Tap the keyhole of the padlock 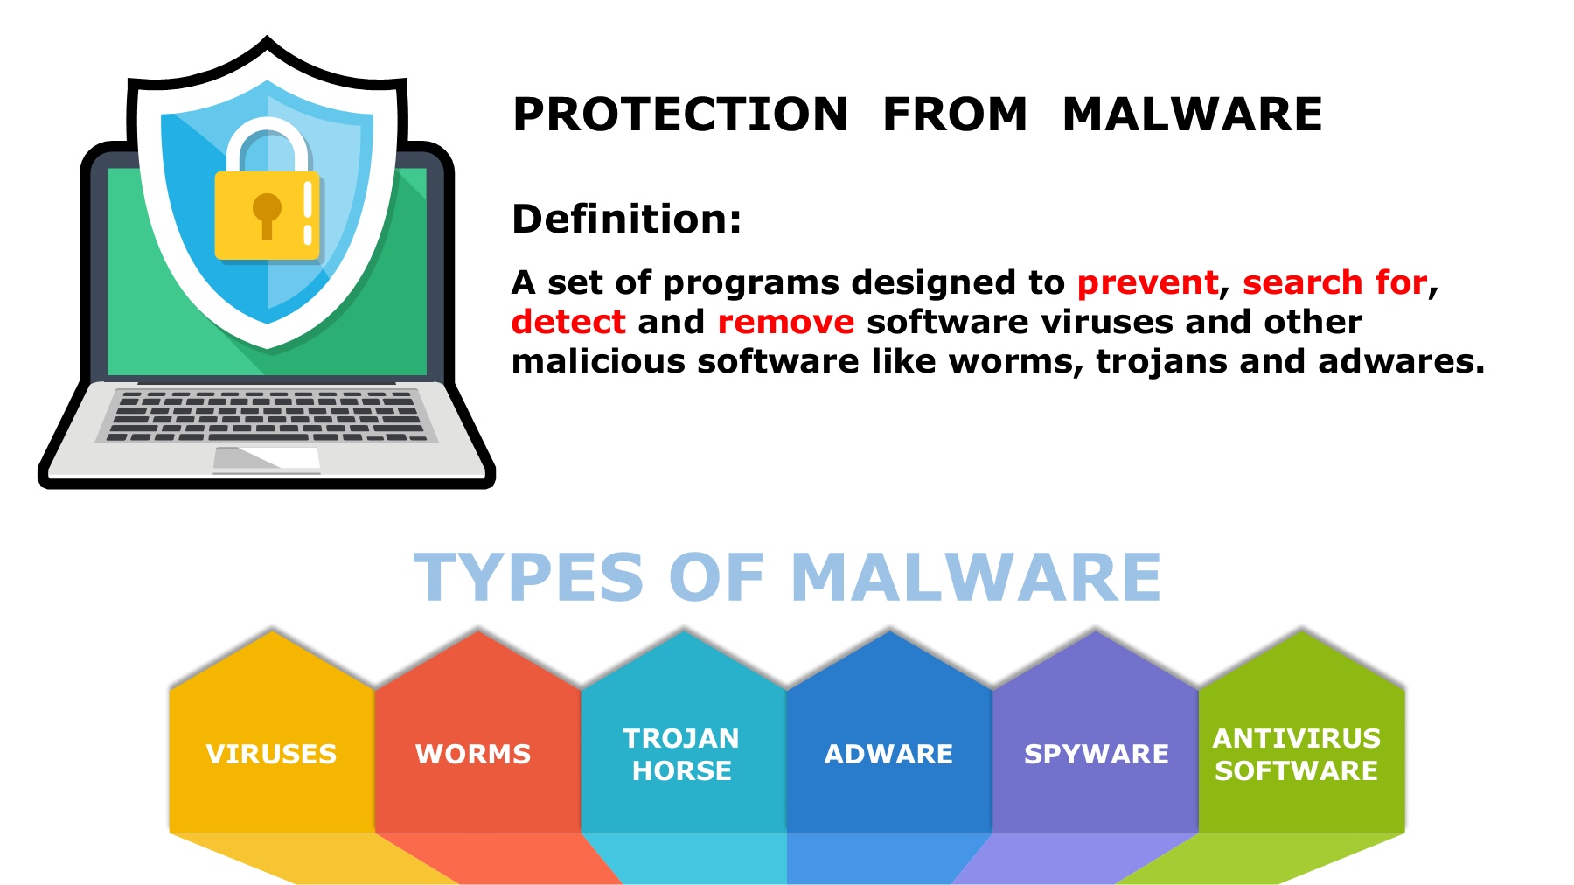(267, 215)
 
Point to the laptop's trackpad (267, 458)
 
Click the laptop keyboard (267, 415)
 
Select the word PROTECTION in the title (680, 115)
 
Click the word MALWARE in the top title (1192, 115)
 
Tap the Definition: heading (626, 219)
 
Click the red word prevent (1147, 282)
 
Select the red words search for (1335, 282)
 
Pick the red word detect (568, 322)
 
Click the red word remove (785, 323)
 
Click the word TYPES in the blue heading (528, 577)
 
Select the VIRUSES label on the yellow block (271, 754)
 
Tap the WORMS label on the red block (473, 754)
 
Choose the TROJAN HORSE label (682, 754)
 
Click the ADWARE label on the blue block (888, 754)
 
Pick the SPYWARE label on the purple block (1097, 754)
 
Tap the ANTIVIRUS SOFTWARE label (1297, 754)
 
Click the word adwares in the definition (1401, 361)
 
